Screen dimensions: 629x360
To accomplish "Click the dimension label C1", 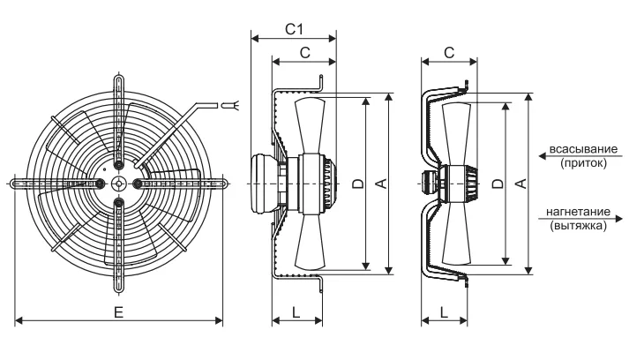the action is tap(294, 29).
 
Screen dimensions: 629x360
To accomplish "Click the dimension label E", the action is tap(118, 312).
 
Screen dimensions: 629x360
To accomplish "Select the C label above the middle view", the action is tap(305, 53).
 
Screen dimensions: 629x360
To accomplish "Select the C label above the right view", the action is tap(449, 53).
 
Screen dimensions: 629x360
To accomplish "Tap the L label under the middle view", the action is tap(296, 312).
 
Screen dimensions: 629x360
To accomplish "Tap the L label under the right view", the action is tap(444, 312).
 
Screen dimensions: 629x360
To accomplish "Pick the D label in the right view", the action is tap(498, 184).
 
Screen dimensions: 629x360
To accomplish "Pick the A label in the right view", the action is tap(520, 184).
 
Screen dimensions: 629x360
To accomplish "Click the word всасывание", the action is tap(583, 149).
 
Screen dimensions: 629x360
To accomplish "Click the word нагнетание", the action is tap(578, 212).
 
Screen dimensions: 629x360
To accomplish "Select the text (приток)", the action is tap(583, 162).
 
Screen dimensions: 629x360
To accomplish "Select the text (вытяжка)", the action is tap(578, 225).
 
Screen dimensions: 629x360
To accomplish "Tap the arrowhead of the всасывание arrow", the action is tap(542, 156).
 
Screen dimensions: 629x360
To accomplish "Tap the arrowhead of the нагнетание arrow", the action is tap(619, 219).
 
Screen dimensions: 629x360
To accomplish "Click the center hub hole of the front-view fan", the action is tap(119, 184).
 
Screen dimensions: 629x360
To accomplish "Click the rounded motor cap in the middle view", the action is tap(264, 184).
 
